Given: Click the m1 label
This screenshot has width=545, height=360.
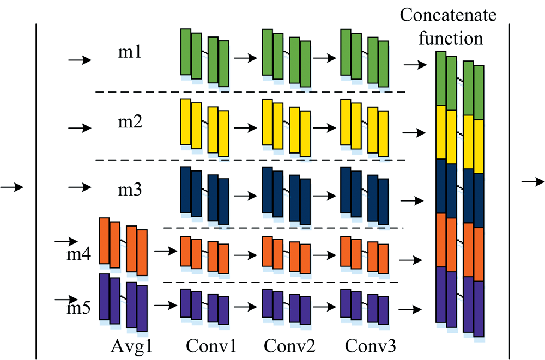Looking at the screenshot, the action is coord(130,52).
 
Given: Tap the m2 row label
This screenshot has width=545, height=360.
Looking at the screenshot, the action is coord(130,121).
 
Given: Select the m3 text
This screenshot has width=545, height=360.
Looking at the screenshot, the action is coord(130,190).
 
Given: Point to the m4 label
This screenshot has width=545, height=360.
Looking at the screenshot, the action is coord(79,254).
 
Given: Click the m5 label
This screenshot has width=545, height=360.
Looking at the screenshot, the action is coord(79,308).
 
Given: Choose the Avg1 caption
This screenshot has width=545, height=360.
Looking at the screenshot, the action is coord(131,346).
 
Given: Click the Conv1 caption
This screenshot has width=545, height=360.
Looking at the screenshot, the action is coord(211,346).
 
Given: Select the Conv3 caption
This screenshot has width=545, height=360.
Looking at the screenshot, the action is coord(371,346).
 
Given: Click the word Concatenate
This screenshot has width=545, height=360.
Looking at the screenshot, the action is coord(448,15).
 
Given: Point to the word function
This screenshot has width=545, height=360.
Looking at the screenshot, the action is coord(451,38).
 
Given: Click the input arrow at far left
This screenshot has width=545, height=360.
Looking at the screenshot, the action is coord(12,187).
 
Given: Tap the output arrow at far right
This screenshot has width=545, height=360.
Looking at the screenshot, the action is coord(533,182).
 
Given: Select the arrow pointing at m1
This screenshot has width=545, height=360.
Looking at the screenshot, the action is coord(80,60).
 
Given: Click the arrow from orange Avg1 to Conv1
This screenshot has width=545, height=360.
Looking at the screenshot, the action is coord(166,251).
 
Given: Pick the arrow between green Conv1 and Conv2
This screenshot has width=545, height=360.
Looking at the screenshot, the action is coord(246,58).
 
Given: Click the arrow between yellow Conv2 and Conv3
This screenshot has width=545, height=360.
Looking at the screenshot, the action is coord(325,128).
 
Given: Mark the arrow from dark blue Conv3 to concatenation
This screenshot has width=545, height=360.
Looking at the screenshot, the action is coord(412,200).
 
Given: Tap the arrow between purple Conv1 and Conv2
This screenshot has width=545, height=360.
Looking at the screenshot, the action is coord(246,307).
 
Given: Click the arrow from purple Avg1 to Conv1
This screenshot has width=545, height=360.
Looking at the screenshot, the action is coord(166,306).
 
